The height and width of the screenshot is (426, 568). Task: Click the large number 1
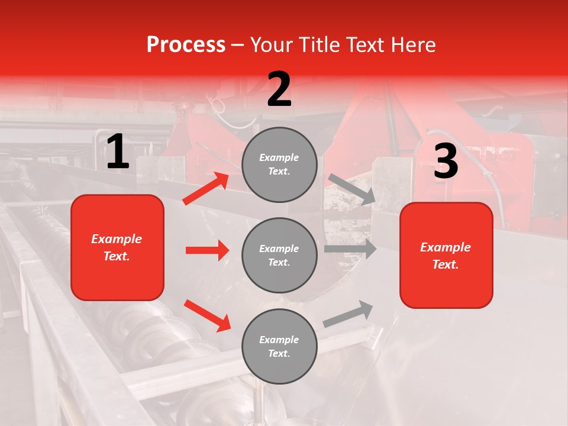pos(118,152)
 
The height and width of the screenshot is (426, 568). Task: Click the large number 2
pos(279,89)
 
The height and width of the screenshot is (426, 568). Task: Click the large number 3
pos(446,162)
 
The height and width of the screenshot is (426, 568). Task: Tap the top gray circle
pos(279,164)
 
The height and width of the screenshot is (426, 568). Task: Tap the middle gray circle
pos(279,255)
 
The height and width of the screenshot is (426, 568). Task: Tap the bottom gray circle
pos(279,346)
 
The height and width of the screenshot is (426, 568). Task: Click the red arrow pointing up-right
pos(206,188)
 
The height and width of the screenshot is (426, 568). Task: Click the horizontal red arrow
pos(207,250)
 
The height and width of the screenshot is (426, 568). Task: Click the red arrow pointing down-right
pos(207,315)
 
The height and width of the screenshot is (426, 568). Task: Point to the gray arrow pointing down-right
pos(352,189)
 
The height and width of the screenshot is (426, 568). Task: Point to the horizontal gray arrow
pos(350,249)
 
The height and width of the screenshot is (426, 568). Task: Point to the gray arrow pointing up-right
pos(348,314)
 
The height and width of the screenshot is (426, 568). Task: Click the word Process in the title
pos(186,44)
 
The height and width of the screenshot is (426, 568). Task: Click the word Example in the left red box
pos(117,239)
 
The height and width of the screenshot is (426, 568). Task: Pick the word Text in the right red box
pos(445,264)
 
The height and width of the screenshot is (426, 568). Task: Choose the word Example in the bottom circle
pos(279,340)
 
